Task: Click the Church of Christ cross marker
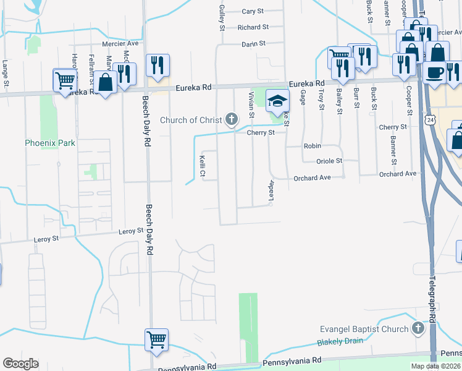232,119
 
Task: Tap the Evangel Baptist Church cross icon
419,328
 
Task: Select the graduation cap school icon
278,101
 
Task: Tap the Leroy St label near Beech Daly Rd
131,232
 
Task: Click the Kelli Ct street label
202,165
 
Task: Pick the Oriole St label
329,161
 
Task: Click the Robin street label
312,146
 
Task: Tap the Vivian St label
251,104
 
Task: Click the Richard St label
253,27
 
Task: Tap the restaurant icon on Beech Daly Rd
157,65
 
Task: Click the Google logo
20,364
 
